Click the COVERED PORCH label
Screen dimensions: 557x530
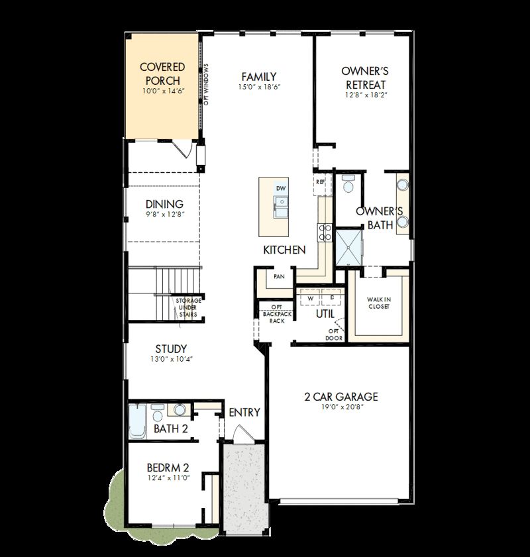162,74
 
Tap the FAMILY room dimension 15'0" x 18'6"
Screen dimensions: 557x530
258,87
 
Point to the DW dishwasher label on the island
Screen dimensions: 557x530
281,189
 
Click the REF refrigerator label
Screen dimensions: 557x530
321,181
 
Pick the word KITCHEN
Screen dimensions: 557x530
284,250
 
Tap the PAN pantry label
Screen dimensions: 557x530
279,277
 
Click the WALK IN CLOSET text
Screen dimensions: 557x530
379,303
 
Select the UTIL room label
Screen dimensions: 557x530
325,313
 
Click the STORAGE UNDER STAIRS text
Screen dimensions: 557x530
188,308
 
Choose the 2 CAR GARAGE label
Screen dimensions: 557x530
341,397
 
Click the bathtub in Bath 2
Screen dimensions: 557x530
137,421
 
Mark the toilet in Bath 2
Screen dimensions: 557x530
158,415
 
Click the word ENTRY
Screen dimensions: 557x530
244,412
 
